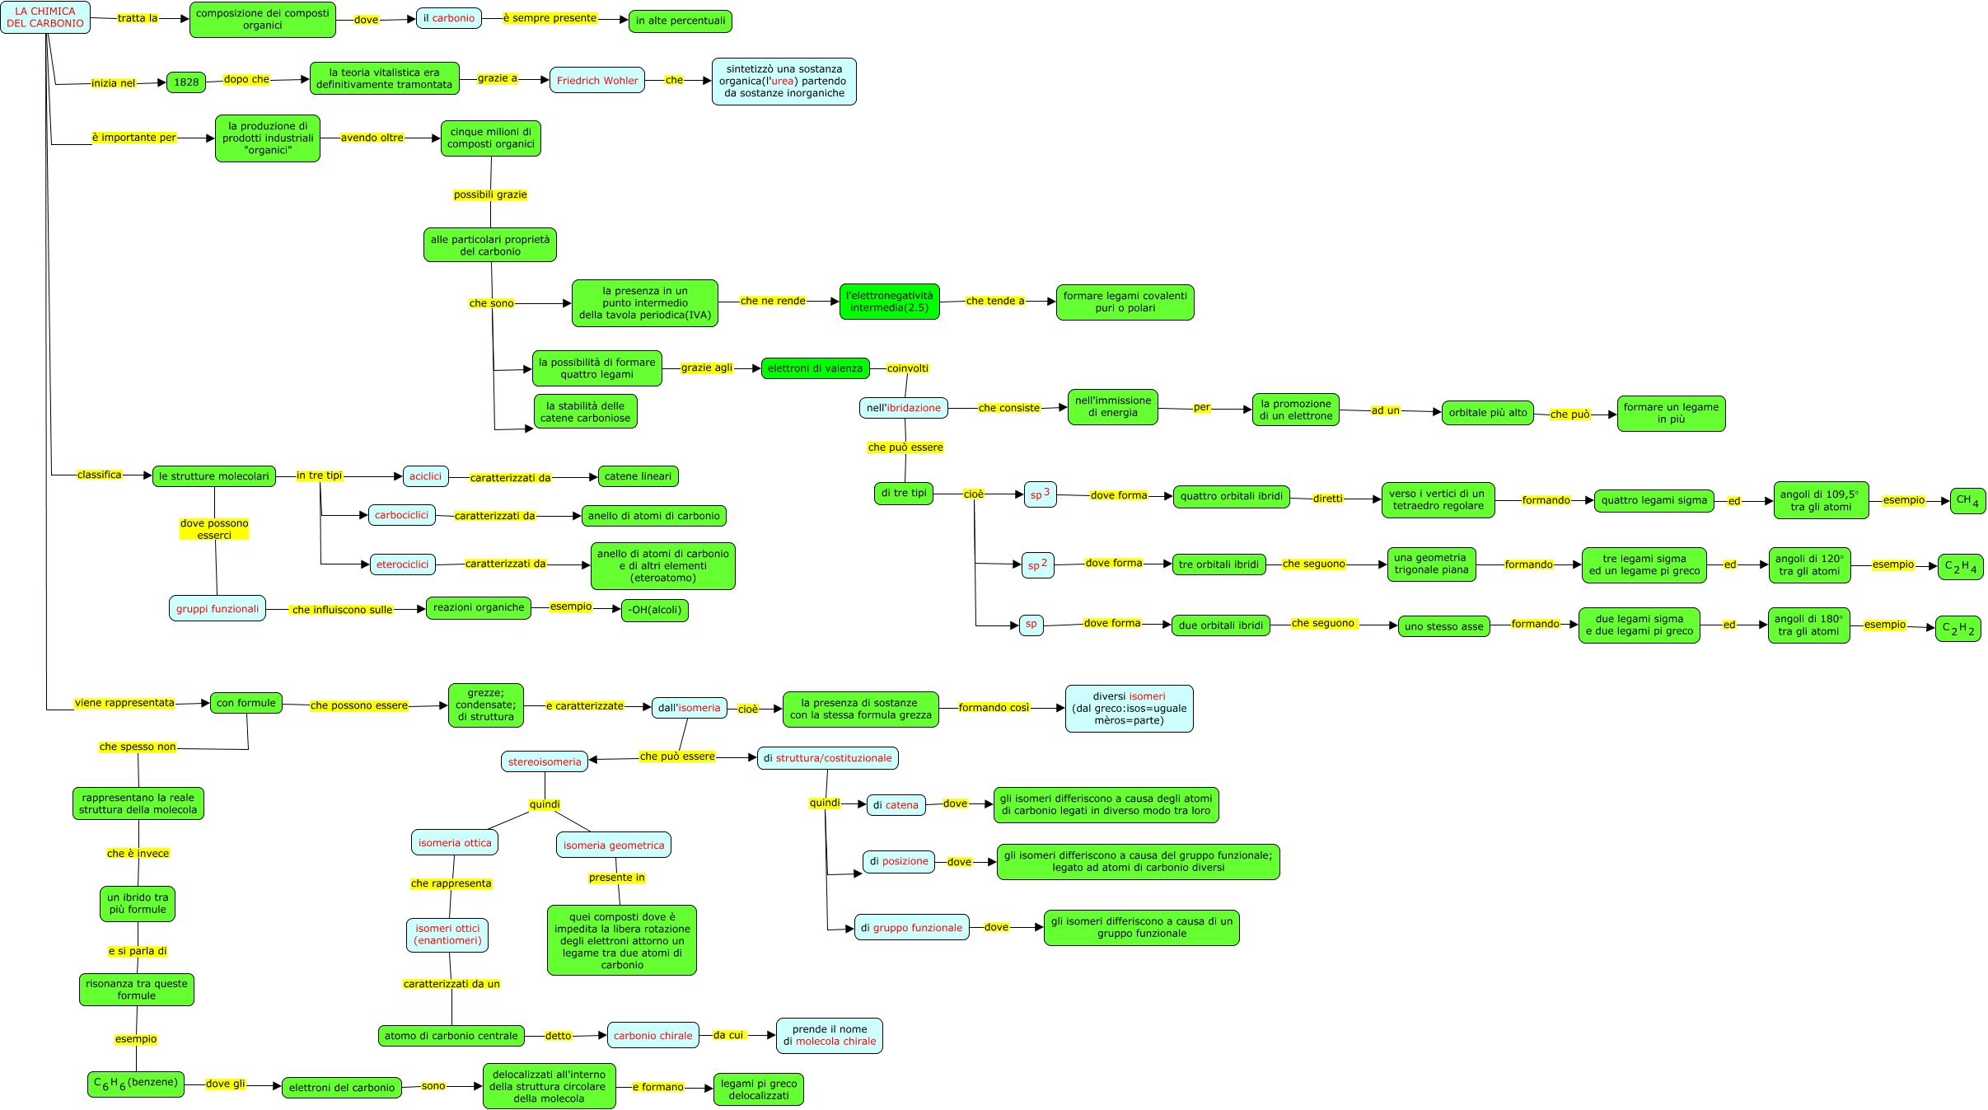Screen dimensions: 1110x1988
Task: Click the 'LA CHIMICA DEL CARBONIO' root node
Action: point(45,17)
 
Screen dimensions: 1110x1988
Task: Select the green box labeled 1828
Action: point(186,82)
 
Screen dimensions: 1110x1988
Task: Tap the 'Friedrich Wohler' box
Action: point(597,81)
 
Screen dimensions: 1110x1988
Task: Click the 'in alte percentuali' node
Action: point(681,21)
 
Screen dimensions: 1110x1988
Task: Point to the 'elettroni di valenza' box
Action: point(815,369)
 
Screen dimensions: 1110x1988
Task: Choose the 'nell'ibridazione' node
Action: point(904,408)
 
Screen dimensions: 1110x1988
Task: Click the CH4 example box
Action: point(1967,500)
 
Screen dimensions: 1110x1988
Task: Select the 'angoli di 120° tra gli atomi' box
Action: point(1809,565)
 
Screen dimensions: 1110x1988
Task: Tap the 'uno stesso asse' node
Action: point(1443,626)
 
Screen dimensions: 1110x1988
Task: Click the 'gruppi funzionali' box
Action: point(218,609)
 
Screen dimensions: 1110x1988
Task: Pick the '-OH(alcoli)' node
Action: point(655,611)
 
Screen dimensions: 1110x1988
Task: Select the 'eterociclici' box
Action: point(403,564)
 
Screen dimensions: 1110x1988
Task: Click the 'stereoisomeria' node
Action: point(545,762)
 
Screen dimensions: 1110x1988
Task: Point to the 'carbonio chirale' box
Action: point(653,1036)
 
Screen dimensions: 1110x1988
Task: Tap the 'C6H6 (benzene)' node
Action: point(136,1084)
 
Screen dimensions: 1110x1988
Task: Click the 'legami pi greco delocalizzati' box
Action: point(759,1089)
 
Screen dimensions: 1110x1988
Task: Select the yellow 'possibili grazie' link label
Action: point(490,195)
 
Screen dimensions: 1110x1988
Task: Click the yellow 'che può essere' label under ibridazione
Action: point(905,447)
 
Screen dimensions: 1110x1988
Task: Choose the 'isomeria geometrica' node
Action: point(614,845)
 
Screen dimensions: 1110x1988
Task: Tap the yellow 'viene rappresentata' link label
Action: point(124,704)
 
